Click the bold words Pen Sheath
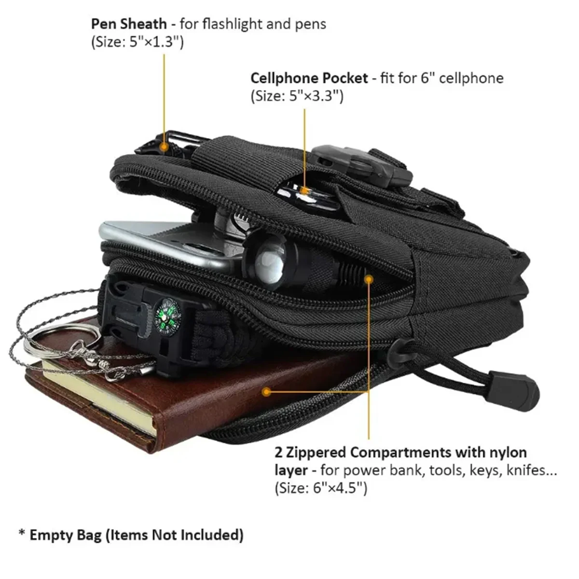pyautogui.click(x=129, y=24)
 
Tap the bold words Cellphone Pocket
pyautogui.click(x=309, y=78)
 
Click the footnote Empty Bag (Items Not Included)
pyautogui.click(x=136, y=535)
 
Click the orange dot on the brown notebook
pyautogui.click(x=266, y=391)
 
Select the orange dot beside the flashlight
pyautogui.click(x=369, y=278)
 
